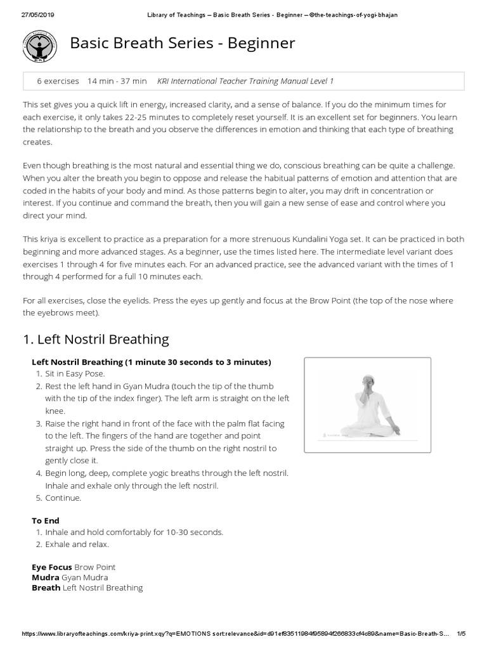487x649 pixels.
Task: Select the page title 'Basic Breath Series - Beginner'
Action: pos(182,43)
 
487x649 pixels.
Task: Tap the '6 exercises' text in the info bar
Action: pos(58,81)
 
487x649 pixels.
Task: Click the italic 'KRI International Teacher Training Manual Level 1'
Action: pos(245,81)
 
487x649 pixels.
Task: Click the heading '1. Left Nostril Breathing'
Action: pos(96,339)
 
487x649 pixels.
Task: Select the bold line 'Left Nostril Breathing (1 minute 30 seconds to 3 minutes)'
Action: pos(152,362)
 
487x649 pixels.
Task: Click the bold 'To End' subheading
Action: pos(46,520)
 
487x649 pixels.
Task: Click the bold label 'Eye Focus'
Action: pos(52,567)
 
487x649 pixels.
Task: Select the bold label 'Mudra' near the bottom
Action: pos(45,577)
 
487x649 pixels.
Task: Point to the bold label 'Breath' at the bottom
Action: pos(46,588)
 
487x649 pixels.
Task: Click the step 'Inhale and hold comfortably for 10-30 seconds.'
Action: pos(134,532)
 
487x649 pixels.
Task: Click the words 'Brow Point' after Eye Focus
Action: pos(95,567)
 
